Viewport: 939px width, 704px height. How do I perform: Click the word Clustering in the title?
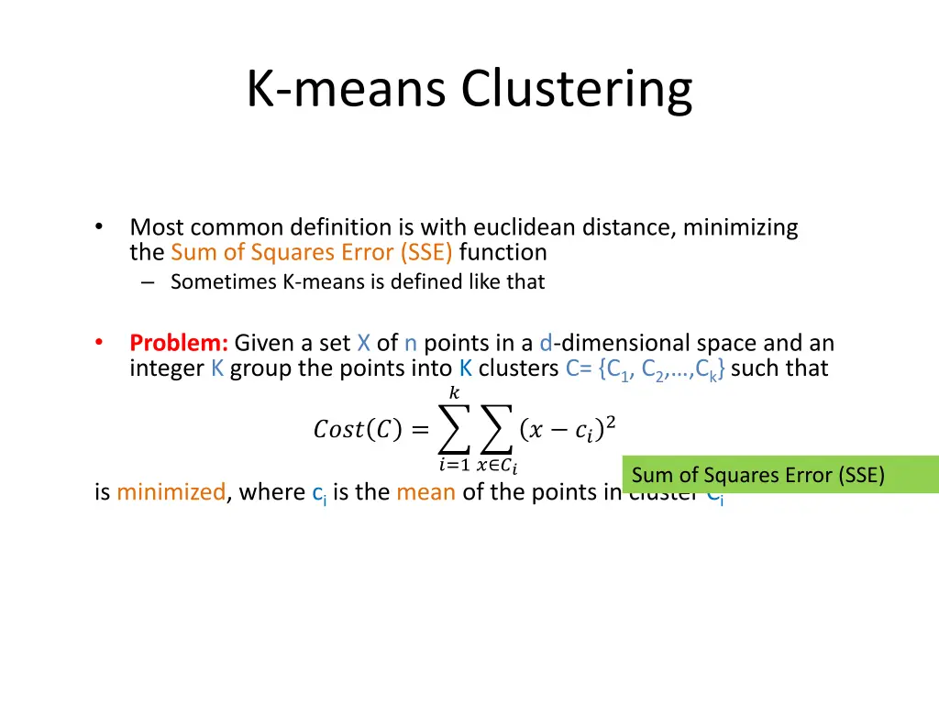576,90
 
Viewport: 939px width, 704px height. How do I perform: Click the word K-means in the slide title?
348,90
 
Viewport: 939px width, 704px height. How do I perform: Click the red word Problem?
179,344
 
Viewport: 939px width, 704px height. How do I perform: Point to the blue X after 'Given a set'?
364,344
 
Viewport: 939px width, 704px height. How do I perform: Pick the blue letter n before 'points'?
411,344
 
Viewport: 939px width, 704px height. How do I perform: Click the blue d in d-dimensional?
546,344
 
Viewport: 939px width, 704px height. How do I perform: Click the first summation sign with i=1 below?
454,429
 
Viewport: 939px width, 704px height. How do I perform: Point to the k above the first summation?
454,393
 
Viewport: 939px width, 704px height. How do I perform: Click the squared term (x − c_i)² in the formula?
567,429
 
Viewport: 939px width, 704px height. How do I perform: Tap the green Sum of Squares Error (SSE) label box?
779,475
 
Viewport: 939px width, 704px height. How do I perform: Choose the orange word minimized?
171,492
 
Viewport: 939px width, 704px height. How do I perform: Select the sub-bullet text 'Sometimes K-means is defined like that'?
358,282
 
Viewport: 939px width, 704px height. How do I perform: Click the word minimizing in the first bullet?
740,227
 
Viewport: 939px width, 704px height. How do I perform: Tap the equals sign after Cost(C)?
418,429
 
